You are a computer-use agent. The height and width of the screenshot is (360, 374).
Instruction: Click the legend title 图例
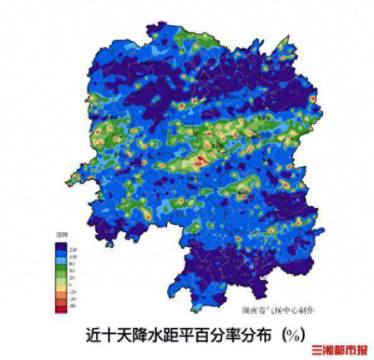tap(62, 235)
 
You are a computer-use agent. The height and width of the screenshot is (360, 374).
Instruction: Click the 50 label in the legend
tap(74, 271)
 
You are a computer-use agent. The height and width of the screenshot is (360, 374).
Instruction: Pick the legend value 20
tap(74, 278)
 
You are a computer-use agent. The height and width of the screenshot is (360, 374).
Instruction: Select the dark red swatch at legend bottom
tap(61, 308)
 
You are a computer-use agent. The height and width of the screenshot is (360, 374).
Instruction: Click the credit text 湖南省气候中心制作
tap(278, 310)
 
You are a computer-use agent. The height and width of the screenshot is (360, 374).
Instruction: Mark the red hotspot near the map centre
tap(200, 161)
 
